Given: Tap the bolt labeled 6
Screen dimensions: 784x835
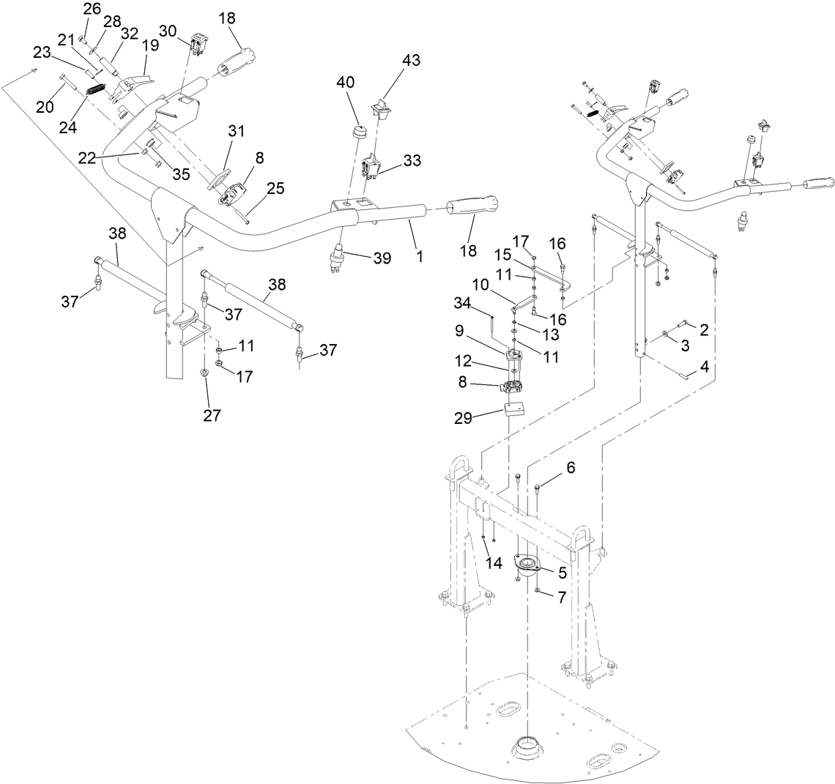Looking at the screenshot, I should (x=538, y=488).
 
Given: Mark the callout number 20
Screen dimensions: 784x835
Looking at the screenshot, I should (x=45, y=107).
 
